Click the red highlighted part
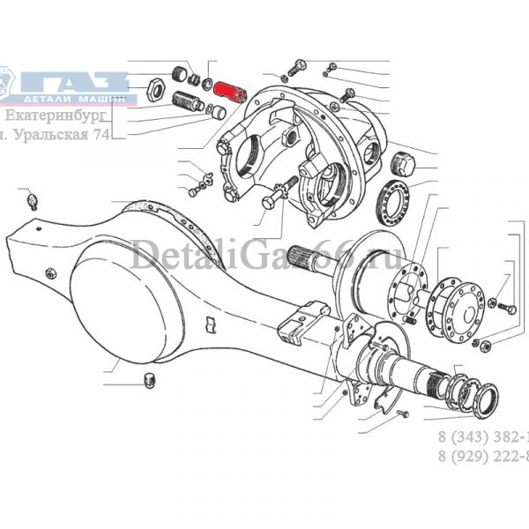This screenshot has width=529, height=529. pyautogui.click(x=234, y=91)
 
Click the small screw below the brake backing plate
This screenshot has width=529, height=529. pyautogui.click(x=394, y=413)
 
